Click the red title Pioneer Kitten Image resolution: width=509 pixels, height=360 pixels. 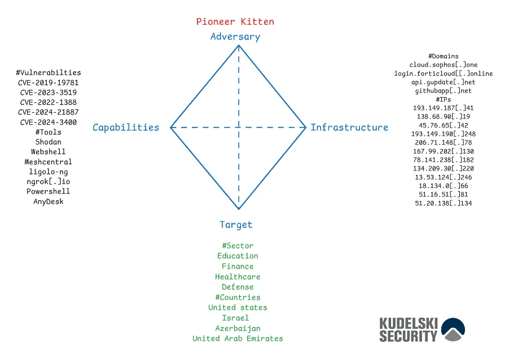(x=235, y=22)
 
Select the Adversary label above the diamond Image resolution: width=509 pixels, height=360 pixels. (x=235, y=37)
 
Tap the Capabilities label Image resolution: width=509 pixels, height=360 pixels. (x=126, y=128)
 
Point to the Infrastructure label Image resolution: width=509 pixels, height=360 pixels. (x=349, y=128)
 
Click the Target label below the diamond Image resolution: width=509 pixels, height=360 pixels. (x=236, y=225)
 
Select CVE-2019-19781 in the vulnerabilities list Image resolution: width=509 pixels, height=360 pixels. (x=49, y=82)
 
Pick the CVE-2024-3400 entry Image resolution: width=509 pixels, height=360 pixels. (x=49, y=122)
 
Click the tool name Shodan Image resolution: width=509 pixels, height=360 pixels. (x=49, y=142)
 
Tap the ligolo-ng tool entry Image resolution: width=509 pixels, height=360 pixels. (x=49, y=172)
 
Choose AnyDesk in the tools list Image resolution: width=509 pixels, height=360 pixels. (x=49, y=201)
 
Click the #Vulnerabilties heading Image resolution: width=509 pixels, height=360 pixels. (x=49, y=73)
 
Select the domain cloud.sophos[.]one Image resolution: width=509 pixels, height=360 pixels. (x=444, y=65)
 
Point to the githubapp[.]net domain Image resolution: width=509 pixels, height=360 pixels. (x=444, y=90)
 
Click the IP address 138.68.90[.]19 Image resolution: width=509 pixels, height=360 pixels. (x=444, y=116)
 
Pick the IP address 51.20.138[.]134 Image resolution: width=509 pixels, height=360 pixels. (x=444, y=203)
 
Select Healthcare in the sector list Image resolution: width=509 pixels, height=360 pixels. (x=238, y=277)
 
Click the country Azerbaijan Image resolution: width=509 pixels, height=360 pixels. (x=238, y=328)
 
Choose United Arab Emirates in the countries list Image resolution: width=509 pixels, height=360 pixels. (x=238, y=339)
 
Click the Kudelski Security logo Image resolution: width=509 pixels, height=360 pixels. (x=422, y=330)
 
